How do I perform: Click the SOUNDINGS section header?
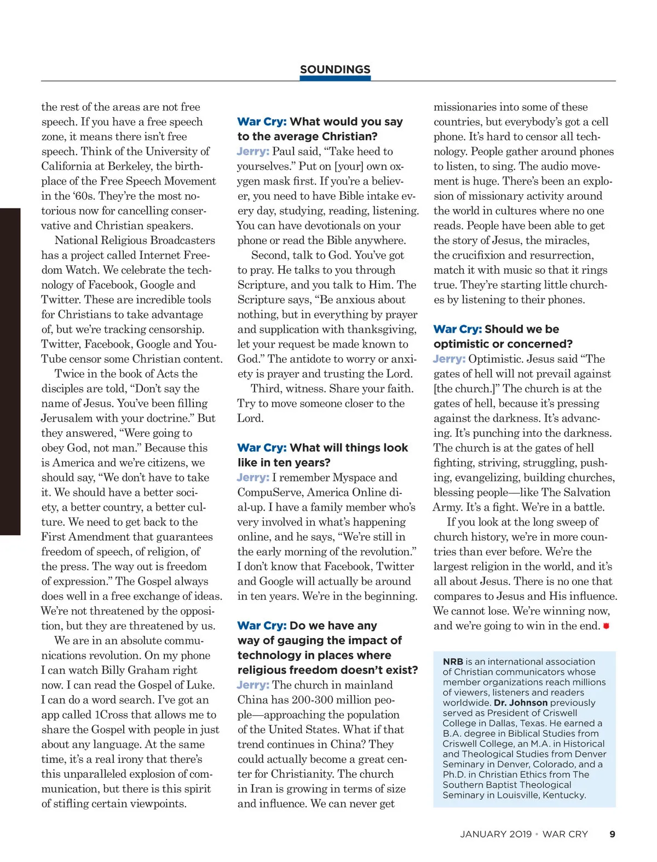point(335,70)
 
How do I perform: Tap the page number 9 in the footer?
point(612,834)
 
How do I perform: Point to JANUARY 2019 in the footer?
point(495,834)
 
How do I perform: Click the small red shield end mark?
point(606,626)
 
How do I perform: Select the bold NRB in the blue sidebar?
point(453,661)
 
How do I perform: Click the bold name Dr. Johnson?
point(521,702)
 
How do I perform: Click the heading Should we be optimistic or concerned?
point(503,337)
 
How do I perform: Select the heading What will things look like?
point(322,455)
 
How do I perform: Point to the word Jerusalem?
point(68,418)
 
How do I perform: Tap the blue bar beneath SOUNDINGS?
point(335,78)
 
